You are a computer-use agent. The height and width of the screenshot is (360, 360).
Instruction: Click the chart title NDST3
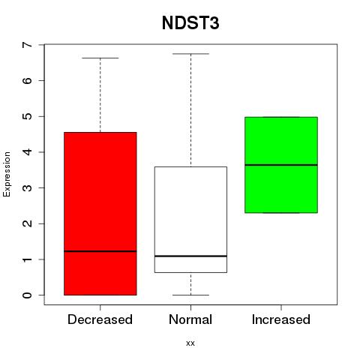[x=190, y=22]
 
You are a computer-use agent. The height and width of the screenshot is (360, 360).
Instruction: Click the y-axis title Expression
[x=7, y=174]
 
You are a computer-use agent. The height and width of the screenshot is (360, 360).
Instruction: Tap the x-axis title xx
[x=190, y=343]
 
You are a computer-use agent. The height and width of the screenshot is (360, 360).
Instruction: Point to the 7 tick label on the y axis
[x=28, y=45]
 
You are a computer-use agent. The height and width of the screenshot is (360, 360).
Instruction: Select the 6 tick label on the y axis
[x=28, y=80]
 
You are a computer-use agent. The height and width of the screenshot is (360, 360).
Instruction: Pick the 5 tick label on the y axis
[x=28, y=116]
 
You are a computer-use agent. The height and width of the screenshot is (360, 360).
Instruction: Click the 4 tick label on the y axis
[x=28, y=152]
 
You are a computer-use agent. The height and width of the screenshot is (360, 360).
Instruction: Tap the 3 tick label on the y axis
[x=28, y=187]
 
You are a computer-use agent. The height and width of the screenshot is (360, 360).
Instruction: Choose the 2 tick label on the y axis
[x=28, y=223]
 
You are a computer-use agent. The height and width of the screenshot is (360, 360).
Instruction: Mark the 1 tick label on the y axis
[x=28, y=259]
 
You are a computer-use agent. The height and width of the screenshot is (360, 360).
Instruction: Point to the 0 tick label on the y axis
[x=28, y=295]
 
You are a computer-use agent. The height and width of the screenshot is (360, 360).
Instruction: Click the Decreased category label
[x=100, y=319]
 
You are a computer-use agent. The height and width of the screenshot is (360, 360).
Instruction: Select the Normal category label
[x=190, y=319]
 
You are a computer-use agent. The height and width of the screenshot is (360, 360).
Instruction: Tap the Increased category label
[x=281, y=319]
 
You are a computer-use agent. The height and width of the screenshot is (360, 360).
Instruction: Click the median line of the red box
[x=100, y=251]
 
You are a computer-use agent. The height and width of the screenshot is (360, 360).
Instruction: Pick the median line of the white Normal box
[x=190, y=256]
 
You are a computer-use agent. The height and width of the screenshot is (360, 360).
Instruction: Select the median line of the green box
[x=281, y=165]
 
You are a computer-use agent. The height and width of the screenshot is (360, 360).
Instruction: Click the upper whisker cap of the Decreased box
[x=100, y=58]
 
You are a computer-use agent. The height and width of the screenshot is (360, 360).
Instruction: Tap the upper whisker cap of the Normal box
[x=190, y=54]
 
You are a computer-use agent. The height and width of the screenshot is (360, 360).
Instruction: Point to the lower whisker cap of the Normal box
[x=190, y=295]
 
